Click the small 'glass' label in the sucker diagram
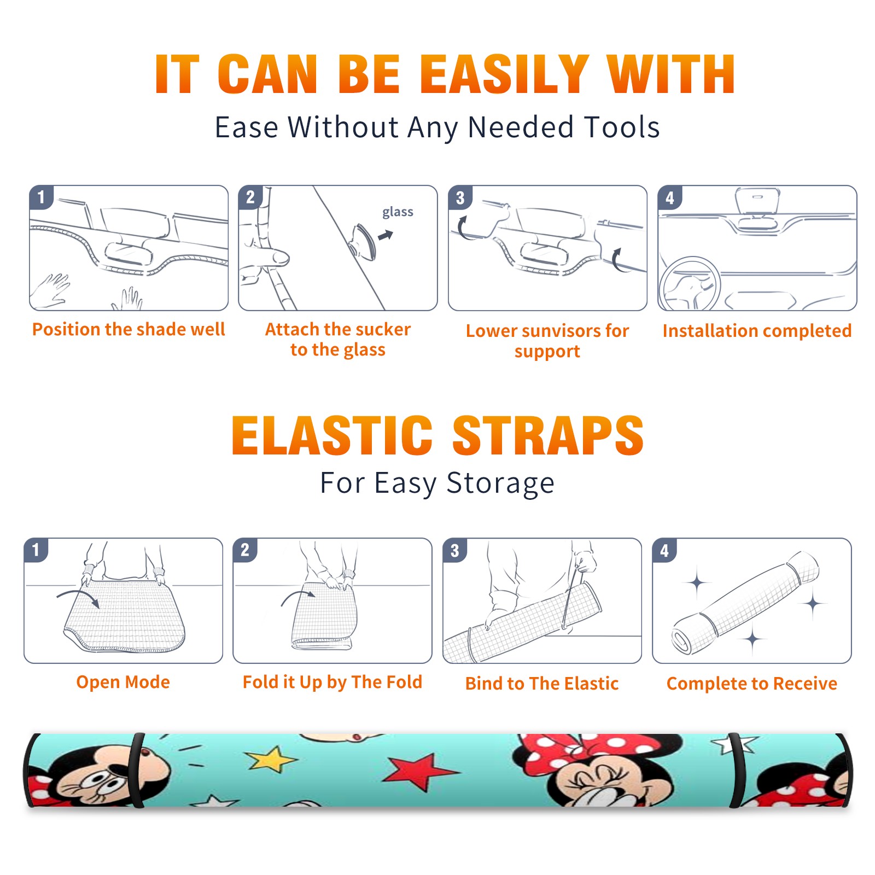click(x=398, y=212)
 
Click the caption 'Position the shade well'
click(x=129, y=329)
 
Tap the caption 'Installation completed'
click(x=757, y=331)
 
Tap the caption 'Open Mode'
click(x=123, y=682)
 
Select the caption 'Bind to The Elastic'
click(x=541, y=684)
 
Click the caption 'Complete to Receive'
click(x=752, y=684)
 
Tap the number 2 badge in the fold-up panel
click(x=245, y=550)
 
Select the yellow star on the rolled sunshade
click(x=271, y=760)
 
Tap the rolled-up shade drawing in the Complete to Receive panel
click(x=745, y=603)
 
